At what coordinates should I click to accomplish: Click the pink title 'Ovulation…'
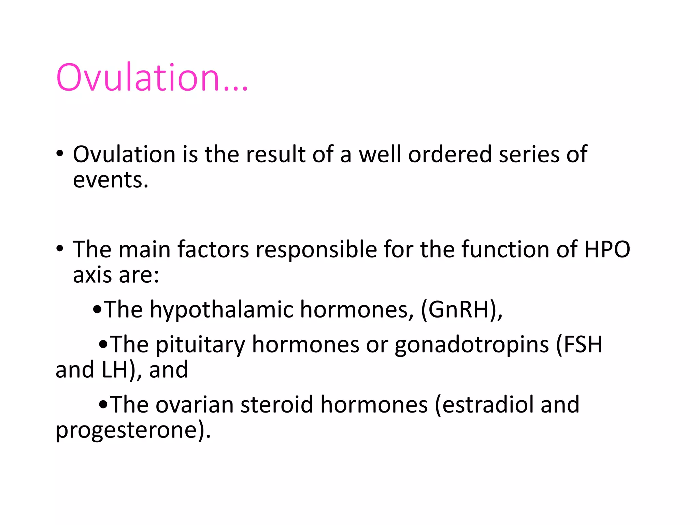coord(152,78)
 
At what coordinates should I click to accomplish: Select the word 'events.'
coord(111,180)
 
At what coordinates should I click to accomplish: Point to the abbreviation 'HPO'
coord(607,250)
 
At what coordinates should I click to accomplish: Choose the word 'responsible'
coord(316,250)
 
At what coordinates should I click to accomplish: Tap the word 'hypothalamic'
coord(222,310)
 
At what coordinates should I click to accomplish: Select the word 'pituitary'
coord(200,345)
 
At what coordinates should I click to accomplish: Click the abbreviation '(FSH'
coord(579,345)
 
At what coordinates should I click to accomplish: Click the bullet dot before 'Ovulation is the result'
coord(60,154)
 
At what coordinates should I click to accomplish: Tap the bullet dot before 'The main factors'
coord(60,249)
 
